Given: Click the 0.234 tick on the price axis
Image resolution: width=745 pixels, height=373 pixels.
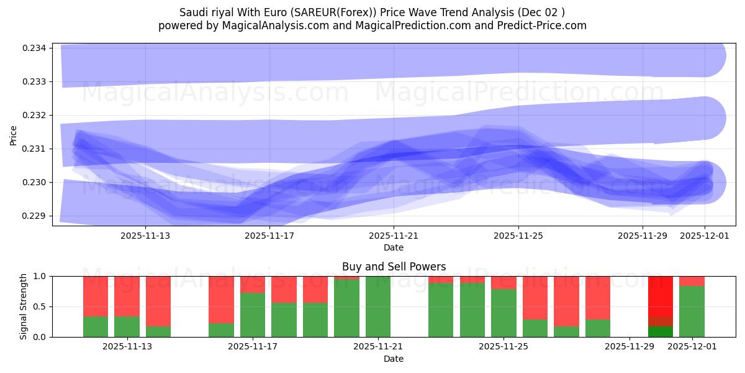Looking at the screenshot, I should [x=36, y=48].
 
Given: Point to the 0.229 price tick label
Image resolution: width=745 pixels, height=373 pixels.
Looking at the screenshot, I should [x=36, y=216].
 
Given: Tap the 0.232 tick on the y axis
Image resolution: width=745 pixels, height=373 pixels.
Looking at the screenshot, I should [x=36, y=116].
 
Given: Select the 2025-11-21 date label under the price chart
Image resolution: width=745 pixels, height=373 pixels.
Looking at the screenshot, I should [x=394, y=236].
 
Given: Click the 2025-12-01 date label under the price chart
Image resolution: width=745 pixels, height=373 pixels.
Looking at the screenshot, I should [x=704, y=236].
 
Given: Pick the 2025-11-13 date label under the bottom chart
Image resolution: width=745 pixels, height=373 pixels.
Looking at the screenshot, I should [x=127, y=347].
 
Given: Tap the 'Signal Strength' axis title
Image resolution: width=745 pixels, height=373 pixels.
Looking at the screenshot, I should [x=24, y=306].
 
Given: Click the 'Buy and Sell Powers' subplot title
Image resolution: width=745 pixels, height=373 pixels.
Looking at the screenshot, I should [x=394, y=267].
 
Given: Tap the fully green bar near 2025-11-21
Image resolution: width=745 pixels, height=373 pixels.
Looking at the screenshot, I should [x=378, y=306].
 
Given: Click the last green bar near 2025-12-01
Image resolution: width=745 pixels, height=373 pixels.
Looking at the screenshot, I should [x=692, y=311].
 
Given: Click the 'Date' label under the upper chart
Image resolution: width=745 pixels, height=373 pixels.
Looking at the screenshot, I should [x=394, y=247].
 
